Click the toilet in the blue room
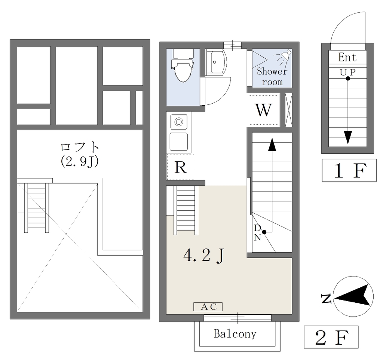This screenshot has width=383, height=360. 183,65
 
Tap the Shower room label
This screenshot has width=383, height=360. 272,76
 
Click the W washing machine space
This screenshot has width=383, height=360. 264,110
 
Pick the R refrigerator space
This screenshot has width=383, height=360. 180,167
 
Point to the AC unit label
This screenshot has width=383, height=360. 208,307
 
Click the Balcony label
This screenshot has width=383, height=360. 235,334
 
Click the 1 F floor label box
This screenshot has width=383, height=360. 349,170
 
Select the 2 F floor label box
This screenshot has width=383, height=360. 331,337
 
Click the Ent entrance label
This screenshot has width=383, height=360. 347,57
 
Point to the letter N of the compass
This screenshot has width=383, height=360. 326,298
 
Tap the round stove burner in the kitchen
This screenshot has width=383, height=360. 179,122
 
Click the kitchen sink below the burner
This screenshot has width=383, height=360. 179,142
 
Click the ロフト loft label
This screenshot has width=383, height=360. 80,147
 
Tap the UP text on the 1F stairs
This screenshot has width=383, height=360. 347,72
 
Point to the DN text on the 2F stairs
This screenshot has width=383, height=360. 257,233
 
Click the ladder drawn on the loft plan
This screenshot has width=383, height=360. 37,208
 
